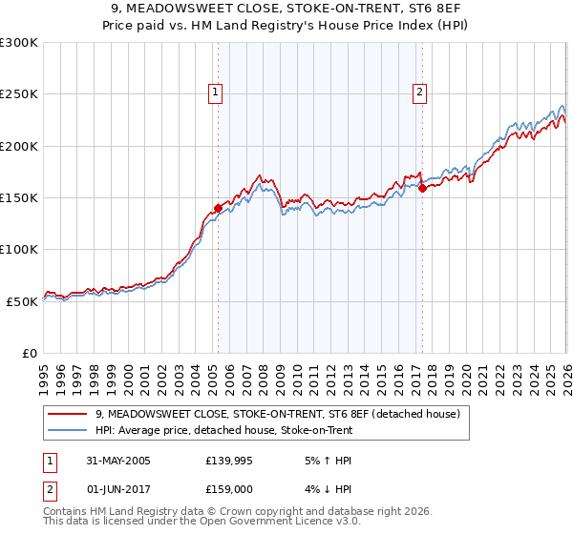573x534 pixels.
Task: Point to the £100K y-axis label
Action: click(x=19, y=249)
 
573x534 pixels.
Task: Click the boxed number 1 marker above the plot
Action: click(x=216, y=92)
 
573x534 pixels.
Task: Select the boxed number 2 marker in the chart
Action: click(x=420, y=92)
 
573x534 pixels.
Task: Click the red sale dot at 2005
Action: click(x=218, y=208)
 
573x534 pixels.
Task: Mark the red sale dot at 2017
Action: click(x=422, y=188)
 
